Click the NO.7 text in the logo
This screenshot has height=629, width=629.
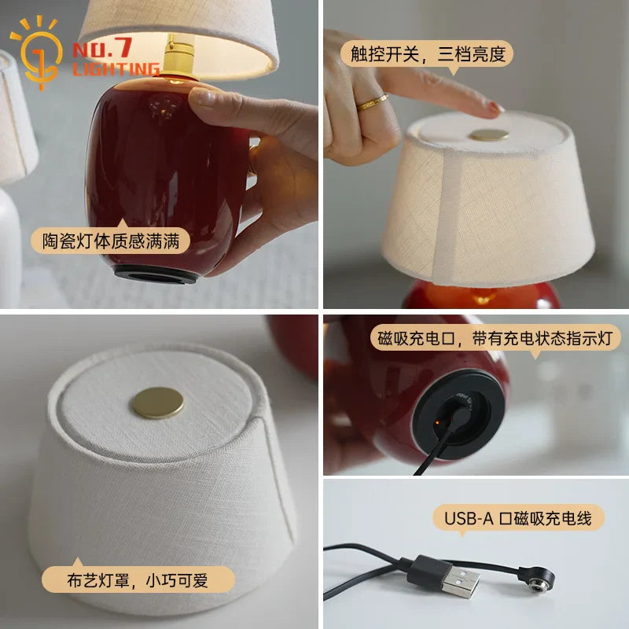(x=102, y=48)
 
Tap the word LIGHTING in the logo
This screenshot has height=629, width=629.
(x=116, y=69)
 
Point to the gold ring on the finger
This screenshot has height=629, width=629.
(x=373, y=102)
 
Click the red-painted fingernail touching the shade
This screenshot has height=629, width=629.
(x=496, y=108)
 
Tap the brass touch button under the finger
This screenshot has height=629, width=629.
(x=489, y=134)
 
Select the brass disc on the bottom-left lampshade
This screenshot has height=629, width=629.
(x=156, y=403)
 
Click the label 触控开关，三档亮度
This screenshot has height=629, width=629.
(x=428, y=53)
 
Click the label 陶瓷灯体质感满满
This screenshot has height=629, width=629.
(x=111, y=241)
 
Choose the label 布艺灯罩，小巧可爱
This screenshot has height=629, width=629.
(x=138, y=580)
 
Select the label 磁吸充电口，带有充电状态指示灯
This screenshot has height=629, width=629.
(x=495, y=338)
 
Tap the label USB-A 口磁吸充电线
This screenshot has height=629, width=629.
(x=518, y=518)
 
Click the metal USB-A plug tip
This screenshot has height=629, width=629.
(x=462, y=580)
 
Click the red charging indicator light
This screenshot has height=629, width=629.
(x=438, y=422)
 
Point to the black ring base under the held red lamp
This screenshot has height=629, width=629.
(x=156, y=274)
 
